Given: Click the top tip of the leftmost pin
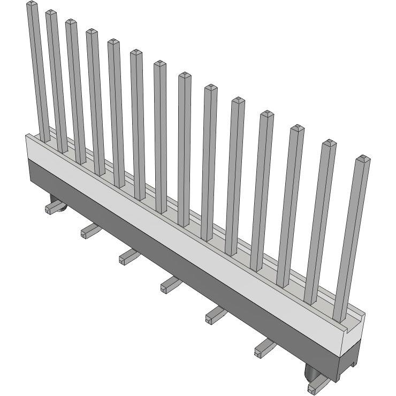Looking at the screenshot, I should (33, 5).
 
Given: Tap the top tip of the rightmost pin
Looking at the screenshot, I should (363, 158).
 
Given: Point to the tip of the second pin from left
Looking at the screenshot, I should (51, 13).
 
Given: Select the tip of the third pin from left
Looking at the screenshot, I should (71, 22).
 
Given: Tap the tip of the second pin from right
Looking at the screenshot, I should (330, 143).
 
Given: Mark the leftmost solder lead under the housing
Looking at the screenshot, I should (54, 206).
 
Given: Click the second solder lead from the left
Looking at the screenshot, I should (90, 231).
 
